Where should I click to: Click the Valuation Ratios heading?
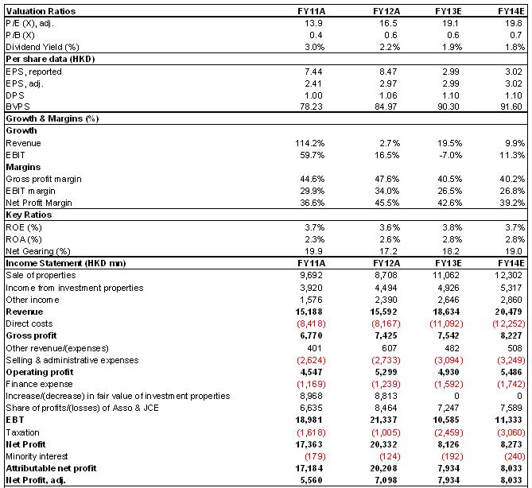[x=41, y=11]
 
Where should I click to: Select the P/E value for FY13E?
[x=450, y=23]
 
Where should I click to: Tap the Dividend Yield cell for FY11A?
[x=314, y=47]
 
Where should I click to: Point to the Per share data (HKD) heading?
[x=50, y=59]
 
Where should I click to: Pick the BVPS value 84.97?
[x=386, y=107]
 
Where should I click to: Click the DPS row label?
[x=15, y=95]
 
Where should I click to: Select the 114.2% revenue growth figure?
[x=310, y=143]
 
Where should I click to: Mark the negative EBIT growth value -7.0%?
[x=449, y=155]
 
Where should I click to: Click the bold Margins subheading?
[x=23, y=167]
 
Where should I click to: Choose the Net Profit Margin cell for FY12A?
[x=387, y=203]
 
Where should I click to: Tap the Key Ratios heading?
[x=29, y=215]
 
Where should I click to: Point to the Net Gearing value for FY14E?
[x=513, y=251]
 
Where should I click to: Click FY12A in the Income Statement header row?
[x=386, y=263]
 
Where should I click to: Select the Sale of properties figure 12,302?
[x=508, y=275]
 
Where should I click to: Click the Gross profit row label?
[x=31, y=335]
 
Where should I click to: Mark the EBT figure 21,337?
[x=383, y=420]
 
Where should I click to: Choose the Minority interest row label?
[x=37, y=456]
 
